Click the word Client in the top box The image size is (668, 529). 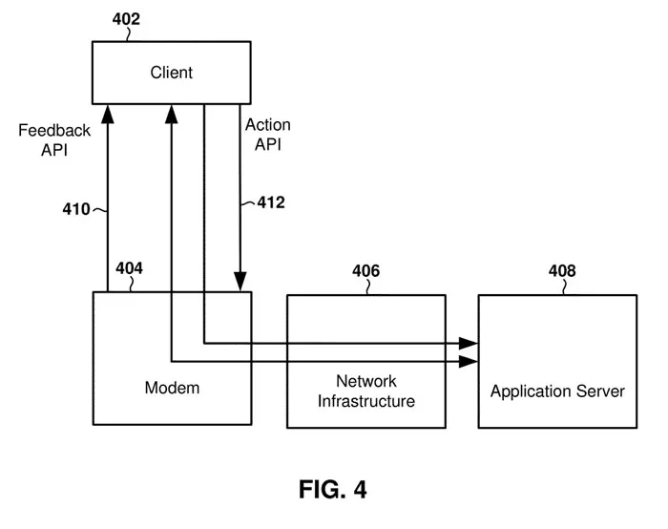pyautogui.click(x=171, y=73)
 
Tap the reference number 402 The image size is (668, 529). pyautogui.click(x=126, y=19)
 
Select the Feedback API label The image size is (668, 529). pyautogui.click(x=54, y=139)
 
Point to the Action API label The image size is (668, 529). pyautogui.click(x=268, y=135)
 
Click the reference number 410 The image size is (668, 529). pyautogui.click(x=76, y=209)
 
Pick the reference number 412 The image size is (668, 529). pyautogui.click(x=271, y=202)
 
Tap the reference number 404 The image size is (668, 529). pyautogui.click(x=129, y=268)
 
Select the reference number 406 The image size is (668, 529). pyautogui.click(x=365, y=270)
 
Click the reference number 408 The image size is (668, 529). pyautogui.click(x=562, y=270)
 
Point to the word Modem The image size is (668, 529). pyautogui.click(x=172, y=388)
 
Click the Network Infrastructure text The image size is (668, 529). pyautogui.click(x=366, y=391)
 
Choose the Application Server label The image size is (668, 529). pyautogui.click(x=557, y=391)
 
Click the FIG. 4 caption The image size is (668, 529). pyautogui.click(x=333, y=489)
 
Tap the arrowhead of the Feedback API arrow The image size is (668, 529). pyautogui.click(x=108, y=115)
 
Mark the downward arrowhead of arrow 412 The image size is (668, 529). pyautogui.click(x=240, y=282)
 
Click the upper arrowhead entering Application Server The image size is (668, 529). pyautogui.click(x=469, y=343)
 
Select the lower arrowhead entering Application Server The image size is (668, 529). pyautogui.click(x=469, y=362)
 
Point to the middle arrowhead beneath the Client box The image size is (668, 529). pyautogui.click(x=171, y=115)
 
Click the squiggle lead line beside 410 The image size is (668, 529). pyautogui.click(x=99, y=210)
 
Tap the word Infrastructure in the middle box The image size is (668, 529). pyautogui.click(x=366, y=401)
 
